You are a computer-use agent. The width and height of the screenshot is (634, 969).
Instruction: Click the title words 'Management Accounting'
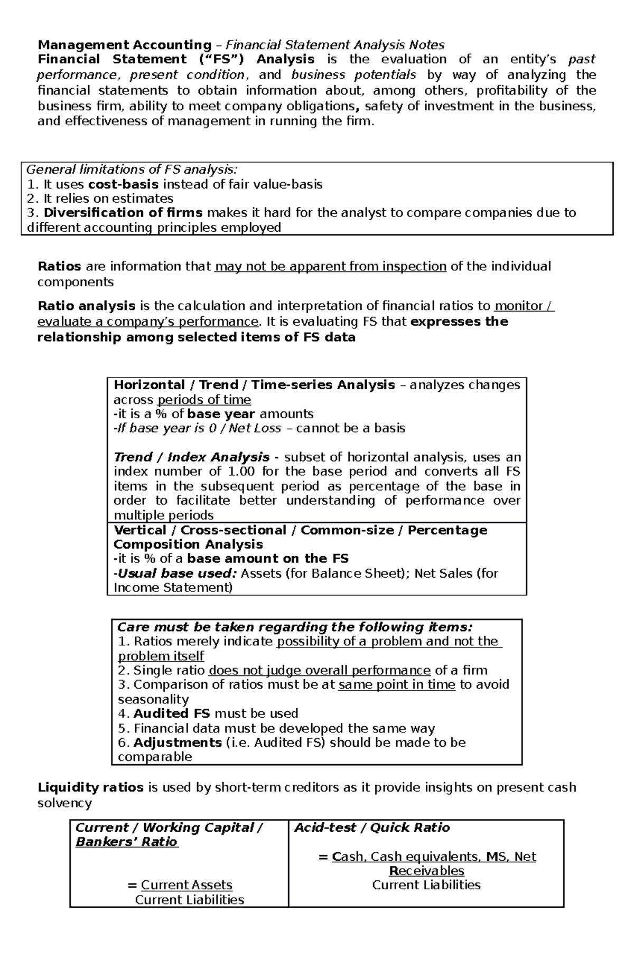point(124,45)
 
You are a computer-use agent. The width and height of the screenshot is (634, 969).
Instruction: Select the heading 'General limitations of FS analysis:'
point(132,170)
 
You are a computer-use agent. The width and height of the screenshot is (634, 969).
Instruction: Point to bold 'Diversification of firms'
point(123,213)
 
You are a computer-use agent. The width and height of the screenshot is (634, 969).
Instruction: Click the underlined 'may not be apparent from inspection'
point(331,266)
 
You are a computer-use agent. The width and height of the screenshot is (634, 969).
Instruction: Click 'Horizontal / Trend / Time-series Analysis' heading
point(254,385)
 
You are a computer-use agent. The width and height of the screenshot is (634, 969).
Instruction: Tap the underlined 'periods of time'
point(204,400)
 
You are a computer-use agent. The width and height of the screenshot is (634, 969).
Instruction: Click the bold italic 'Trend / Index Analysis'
point(192,457)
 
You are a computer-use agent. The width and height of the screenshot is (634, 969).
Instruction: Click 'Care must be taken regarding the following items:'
point(294,627)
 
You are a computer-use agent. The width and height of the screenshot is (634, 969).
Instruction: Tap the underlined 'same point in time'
point(396,685)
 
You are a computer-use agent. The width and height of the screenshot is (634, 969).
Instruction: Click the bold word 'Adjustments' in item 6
point(178,743)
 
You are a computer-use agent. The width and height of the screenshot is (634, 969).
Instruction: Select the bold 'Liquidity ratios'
point(90,788)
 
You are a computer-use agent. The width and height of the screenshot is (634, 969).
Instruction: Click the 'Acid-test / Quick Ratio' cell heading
point(372,828)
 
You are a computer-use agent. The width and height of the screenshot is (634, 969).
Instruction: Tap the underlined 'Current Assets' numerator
point(187,886)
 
